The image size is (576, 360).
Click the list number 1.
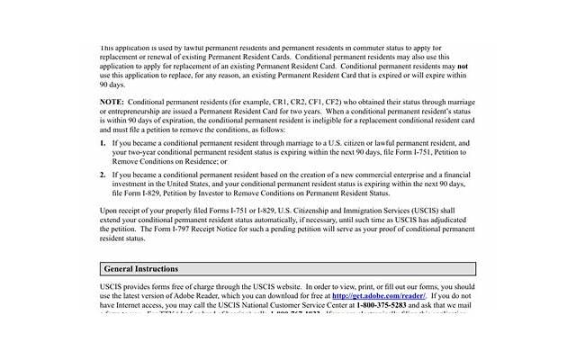coord(103,143)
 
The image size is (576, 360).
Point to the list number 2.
coord(103,173)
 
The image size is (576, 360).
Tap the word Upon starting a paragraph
coord(110,209)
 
